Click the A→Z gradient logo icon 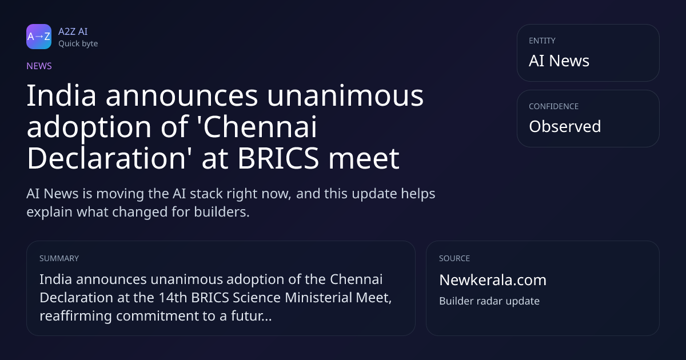pos(39,37)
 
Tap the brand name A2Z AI pos(73,31)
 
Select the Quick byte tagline pos(78,44)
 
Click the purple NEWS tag pos(39,66)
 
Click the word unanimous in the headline pos(345,96)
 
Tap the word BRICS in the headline pos(278,158)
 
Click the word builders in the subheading pos(222,212)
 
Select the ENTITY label pos(542,41)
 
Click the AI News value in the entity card pos(559,61)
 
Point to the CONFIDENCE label pos(554,106)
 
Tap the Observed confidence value pos(565,126)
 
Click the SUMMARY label pos(59,258)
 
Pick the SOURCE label pos(454,258)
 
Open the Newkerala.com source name pos(493,280)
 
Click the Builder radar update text pos(489,301)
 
